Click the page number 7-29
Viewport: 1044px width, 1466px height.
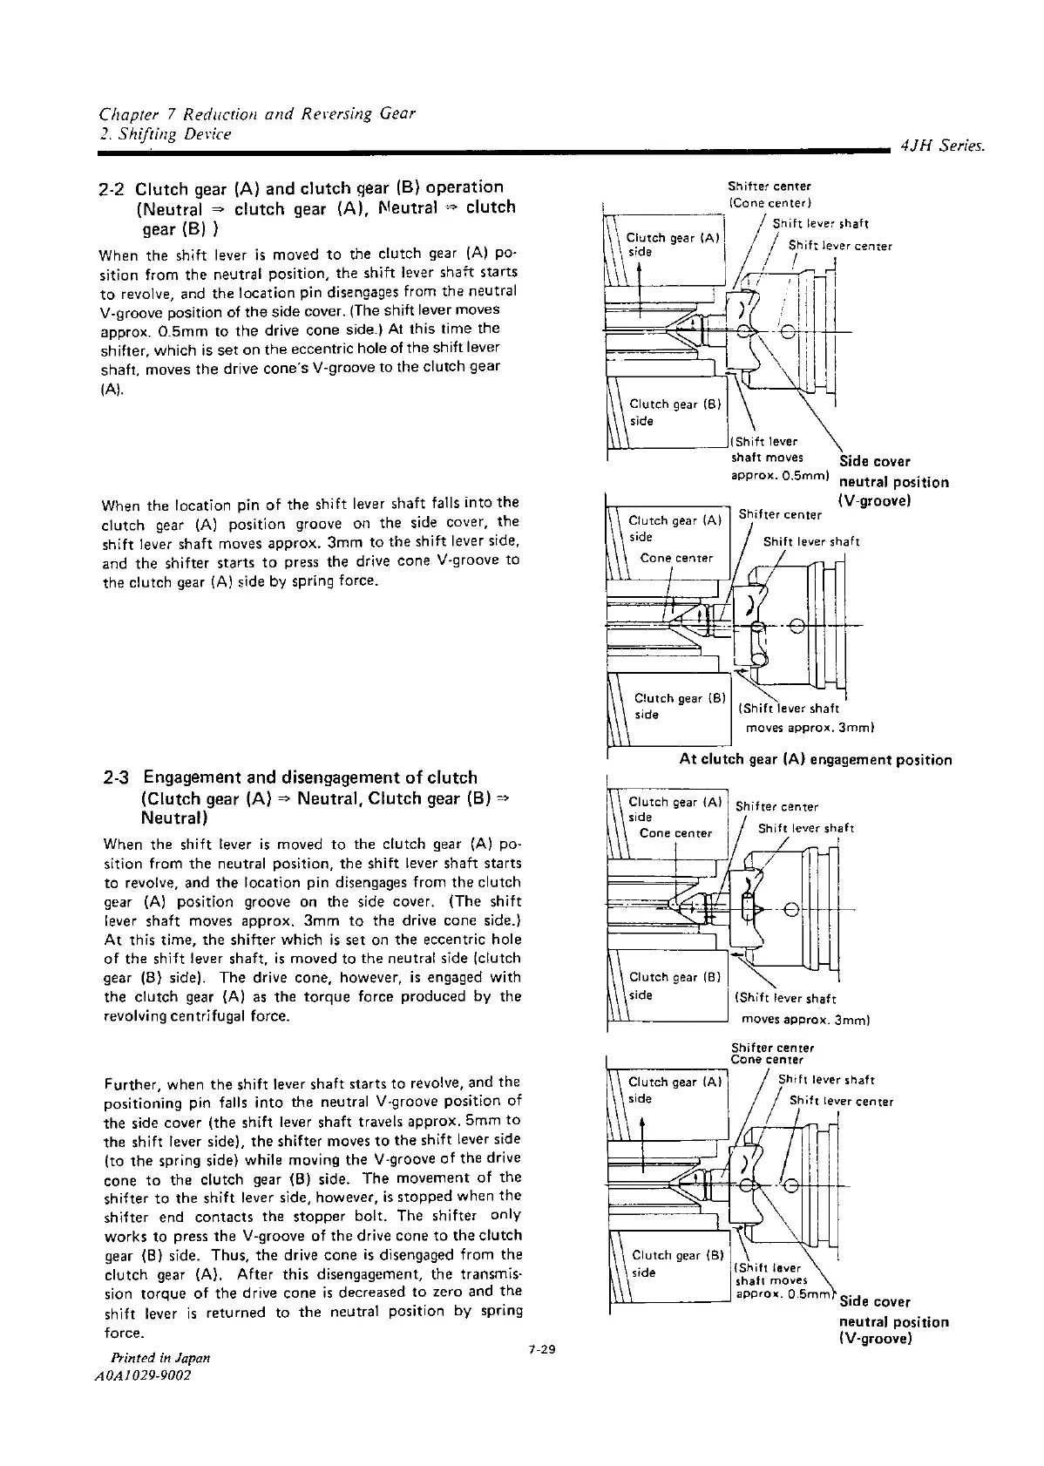coord(541,1350)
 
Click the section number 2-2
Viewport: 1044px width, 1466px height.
coord(115,187)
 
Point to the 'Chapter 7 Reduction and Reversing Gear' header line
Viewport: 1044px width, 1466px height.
coord(257,114)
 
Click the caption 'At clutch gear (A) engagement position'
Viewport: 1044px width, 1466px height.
coord(815,760)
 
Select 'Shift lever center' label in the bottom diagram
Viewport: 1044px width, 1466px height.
coord(841,1101)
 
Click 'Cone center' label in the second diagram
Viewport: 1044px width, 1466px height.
coord(676,558)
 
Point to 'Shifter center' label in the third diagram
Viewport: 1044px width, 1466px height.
coord(776,807)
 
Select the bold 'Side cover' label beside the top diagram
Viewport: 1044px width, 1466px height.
coord(874,461)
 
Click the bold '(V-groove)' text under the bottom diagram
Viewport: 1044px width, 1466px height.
coord(874,1339)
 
